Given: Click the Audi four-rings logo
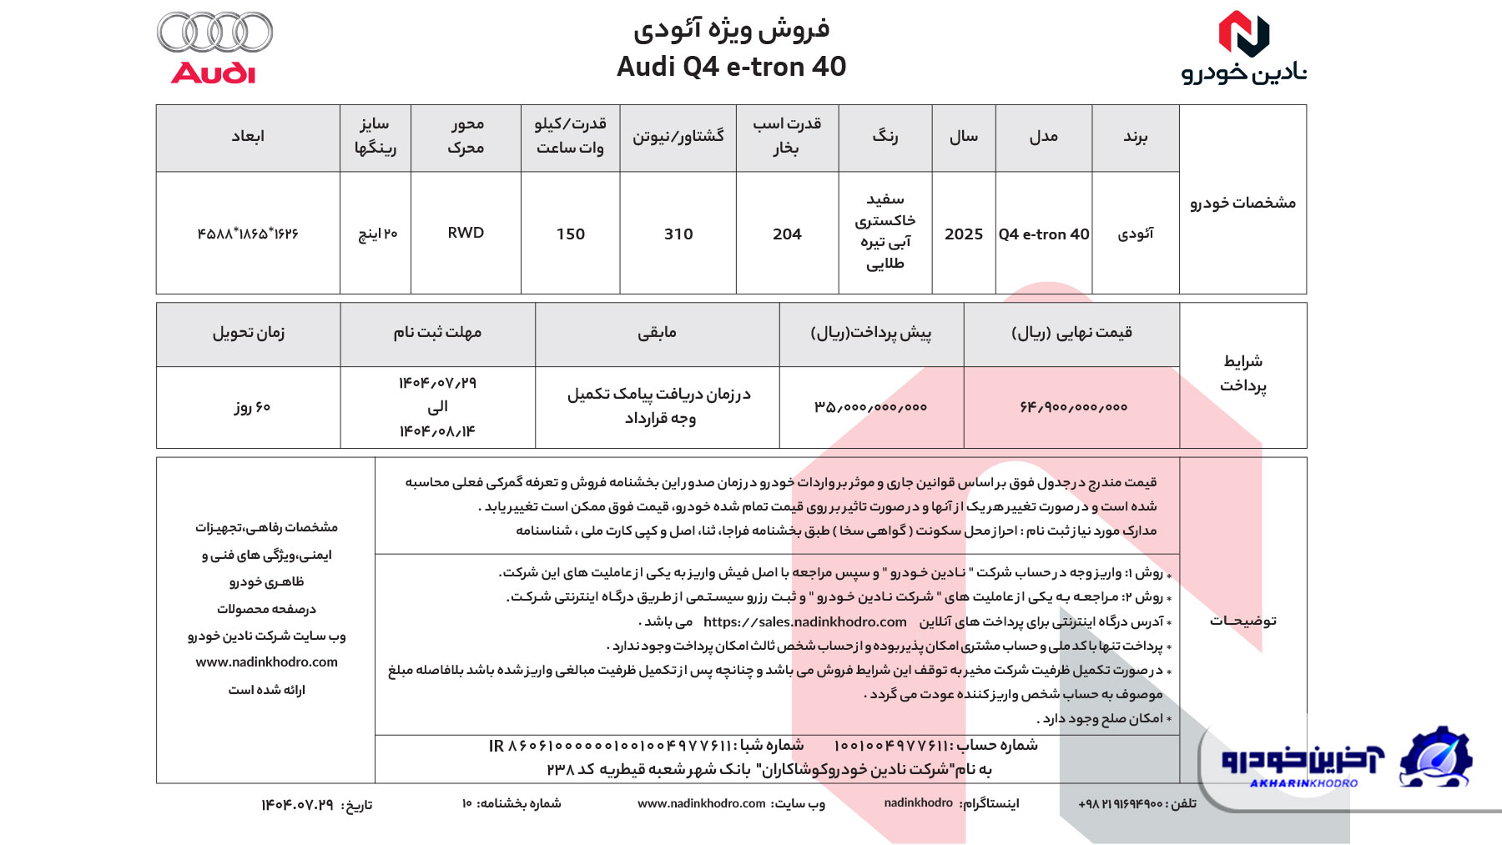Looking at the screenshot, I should coord(214,33).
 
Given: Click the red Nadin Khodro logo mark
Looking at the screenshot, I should coord(1243,34).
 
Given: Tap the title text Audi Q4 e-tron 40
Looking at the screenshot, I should coord(731,66).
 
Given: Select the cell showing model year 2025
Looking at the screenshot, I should coord(963,234).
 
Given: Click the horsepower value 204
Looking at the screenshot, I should coord(786,234).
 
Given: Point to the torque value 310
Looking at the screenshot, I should coord(678,234).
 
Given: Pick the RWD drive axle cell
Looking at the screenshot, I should coord(466,233).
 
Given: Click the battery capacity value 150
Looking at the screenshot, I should coord(570,234).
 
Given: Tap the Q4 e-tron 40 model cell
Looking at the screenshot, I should coord(1043,234).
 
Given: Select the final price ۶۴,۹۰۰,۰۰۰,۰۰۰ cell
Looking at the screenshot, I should coord(1073,407).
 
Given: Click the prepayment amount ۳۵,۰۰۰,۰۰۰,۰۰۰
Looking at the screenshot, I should coord(870,407).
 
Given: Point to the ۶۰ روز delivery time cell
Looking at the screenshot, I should coord(251,407).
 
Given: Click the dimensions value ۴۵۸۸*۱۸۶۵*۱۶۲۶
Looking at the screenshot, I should coord(248,234).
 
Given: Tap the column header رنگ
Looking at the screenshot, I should coord(885,136).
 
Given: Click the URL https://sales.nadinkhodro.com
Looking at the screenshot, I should coord(804,622).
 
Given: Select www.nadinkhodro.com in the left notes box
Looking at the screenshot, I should coord(266,662).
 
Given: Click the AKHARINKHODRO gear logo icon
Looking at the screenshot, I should coord(1435,757).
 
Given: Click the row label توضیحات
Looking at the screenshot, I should coord(1242,621).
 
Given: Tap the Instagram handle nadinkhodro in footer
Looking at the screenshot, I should coord(918,802).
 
